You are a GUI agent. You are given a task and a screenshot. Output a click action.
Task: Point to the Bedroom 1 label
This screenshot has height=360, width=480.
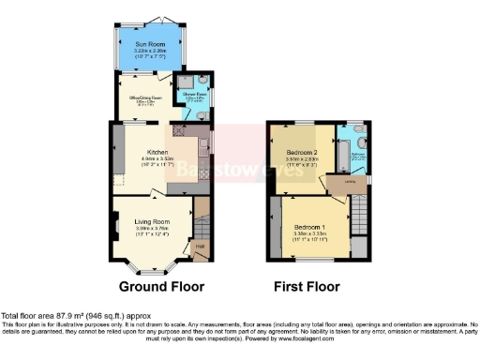[309, 227]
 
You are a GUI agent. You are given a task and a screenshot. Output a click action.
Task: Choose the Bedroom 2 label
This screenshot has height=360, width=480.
[303, 151]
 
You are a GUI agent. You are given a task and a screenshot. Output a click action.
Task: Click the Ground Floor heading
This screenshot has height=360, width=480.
[151, 286]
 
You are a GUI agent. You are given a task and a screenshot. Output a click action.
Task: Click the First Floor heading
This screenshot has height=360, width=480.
[306, 286]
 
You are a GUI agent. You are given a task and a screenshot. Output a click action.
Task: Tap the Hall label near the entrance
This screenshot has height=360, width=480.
[199, 247]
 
